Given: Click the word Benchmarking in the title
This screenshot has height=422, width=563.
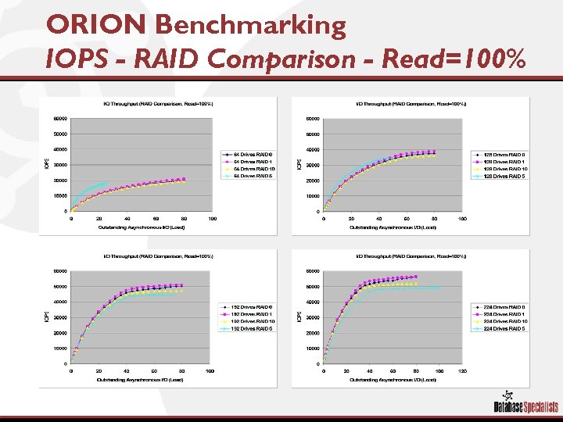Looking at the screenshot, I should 250,25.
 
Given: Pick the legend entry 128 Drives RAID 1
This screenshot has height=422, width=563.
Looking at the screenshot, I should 500,161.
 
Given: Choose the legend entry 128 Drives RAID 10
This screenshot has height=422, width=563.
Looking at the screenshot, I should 500,169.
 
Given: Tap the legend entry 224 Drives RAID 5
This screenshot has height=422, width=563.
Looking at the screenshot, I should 500,329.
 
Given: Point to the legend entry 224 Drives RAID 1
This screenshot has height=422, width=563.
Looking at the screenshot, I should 500,313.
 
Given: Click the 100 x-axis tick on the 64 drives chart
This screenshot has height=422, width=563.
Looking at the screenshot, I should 212,219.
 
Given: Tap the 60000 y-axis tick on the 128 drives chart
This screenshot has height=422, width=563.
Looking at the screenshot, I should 310,119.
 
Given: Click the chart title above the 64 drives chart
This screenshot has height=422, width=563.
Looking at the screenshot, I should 148,103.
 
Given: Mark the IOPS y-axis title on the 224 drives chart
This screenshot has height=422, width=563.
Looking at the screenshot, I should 298,316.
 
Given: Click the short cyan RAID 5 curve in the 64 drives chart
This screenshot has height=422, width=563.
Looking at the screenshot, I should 90,189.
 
